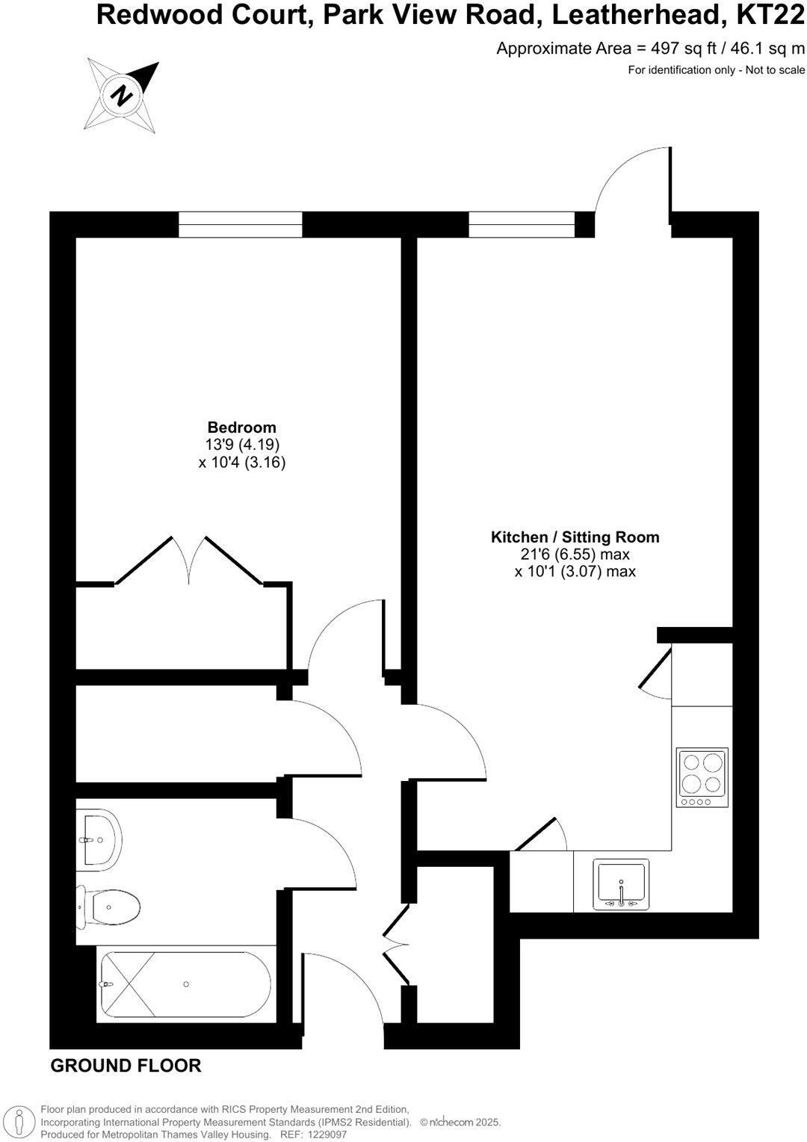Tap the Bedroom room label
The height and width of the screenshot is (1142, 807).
point(241,428)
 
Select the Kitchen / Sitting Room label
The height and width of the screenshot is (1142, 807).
point(575,537)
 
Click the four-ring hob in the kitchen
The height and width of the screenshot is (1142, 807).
point(702,777)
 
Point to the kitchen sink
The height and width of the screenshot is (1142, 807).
point(621,885)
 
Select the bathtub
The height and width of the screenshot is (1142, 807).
point(185,984)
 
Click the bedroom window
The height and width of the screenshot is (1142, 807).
point(241,224)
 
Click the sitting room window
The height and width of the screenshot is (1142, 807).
point(522,224)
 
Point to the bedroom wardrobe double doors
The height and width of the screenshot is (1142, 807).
point(189,561)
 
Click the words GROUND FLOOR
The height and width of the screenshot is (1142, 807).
point(126,1066)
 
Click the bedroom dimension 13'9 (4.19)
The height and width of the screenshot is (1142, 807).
point(242,445)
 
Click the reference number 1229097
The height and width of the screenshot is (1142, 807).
point(322,1135)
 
